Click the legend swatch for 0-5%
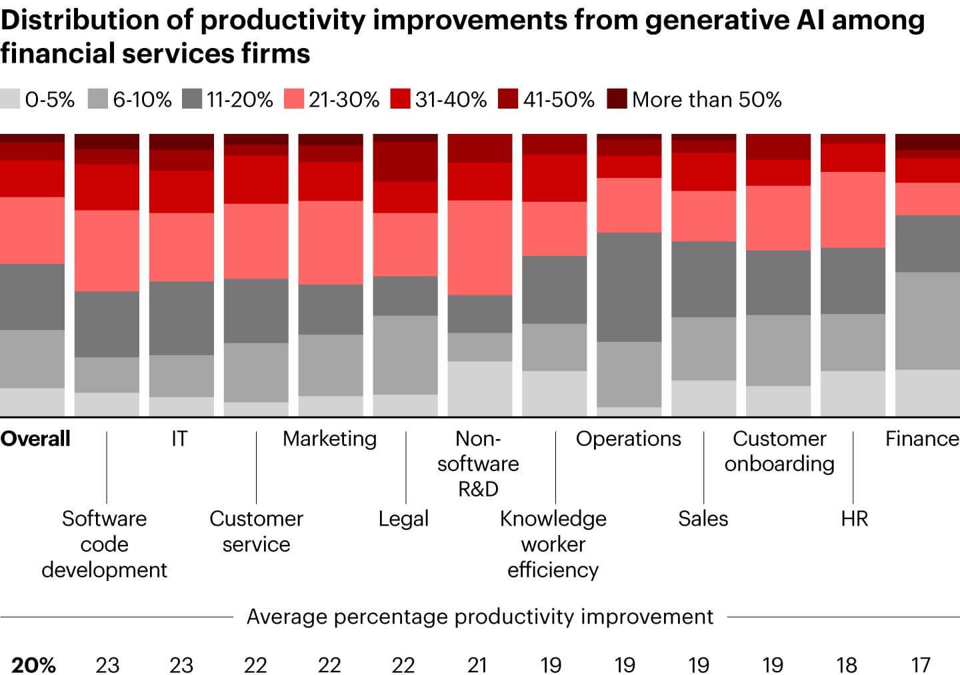tap(10, 99)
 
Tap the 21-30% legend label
tap(343, 99)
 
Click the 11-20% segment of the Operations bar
tap(629, 287)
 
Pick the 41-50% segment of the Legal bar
tap(405, 161)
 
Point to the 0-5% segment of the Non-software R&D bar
tap(479, 388)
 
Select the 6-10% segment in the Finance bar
tap(927, 321)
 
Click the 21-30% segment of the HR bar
tap(852, 210)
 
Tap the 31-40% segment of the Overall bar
tap(32, 179)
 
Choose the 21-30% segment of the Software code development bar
tap(107, 251)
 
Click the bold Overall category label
tap(35, 438)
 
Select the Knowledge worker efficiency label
tap(553, 544)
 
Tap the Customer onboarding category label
tap(779, 451)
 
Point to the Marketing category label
tap(329, 438)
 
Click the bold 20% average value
tap(33, 664)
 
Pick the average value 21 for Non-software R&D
tap(477, 664)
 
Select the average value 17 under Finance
tap(921, 664)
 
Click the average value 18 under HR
tap(847, 664)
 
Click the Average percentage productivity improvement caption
tap(480, 616)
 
